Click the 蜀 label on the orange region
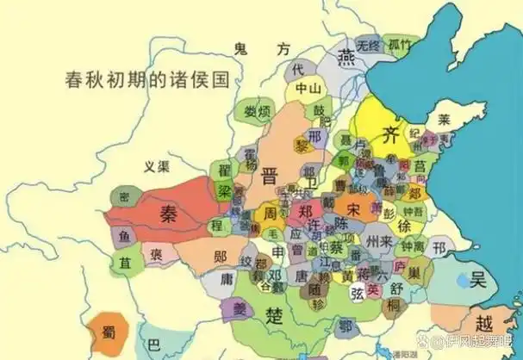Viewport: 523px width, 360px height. (x=110, y=332)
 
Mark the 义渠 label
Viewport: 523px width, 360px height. (x=157, y=166)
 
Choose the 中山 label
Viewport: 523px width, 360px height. (x=308, y=88)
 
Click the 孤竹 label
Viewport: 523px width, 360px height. (x=399, y=44)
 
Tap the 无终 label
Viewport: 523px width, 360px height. (x=368, y=45)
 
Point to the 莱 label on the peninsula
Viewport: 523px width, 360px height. (x=445, y=119)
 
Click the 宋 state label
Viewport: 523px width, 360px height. (x=354, y=208)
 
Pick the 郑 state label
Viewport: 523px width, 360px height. (x=303, y=209)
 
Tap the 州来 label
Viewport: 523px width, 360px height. (x=379, y=239)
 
